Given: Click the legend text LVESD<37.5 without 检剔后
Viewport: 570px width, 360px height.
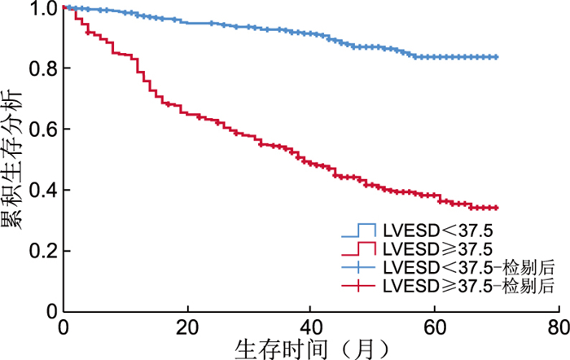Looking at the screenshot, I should [x=426, y=230].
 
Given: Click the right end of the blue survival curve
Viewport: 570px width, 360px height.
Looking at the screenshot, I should [x=496, y=57].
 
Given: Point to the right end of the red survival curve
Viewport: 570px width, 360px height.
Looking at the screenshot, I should [x=496, y=208].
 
